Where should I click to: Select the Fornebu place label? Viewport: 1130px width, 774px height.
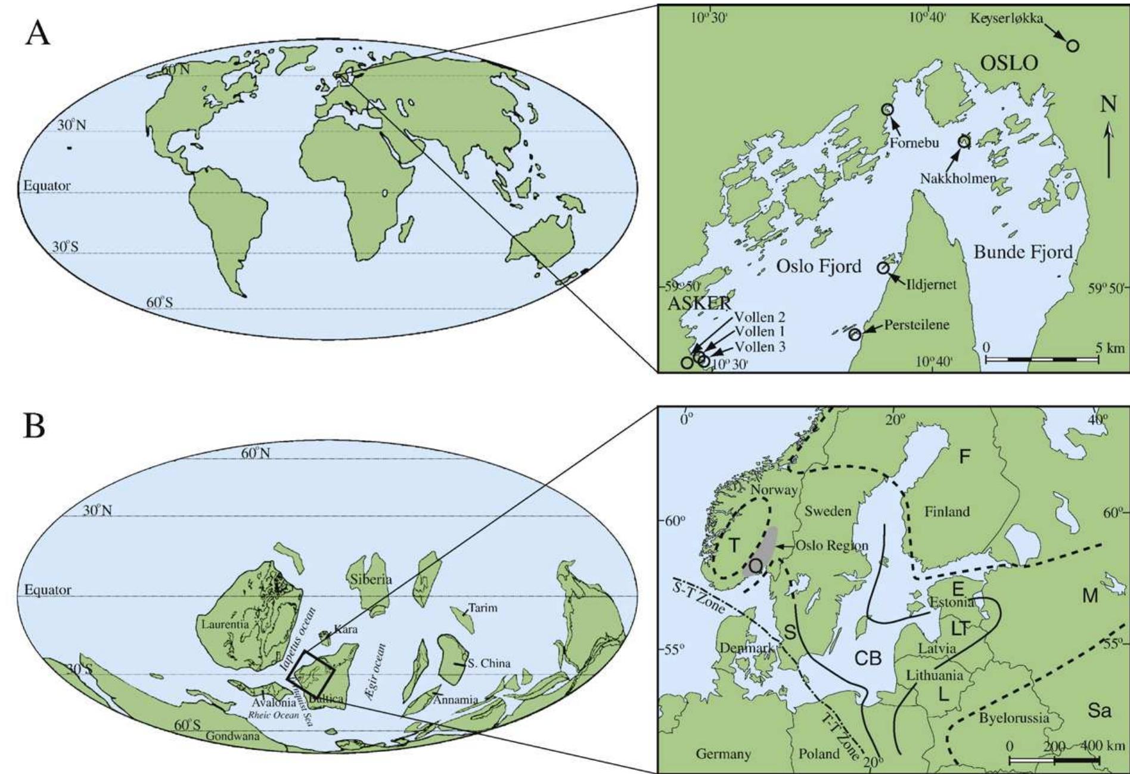point(915,143)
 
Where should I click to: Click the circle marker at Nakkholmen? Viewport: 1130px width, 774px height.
point(964,141)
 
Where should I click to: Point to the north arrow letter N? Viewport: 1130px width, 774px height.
point(1108,106)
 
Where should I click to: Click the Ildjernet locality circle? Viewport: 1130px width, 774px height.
point(883,268)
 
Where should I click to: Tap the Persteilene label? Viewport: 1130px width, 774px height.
point(917,325)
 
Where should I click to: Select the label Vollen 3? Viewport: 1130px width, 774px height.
point(760,347)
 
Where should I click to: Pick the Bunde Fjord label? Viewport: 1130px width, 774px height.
point(1023,252)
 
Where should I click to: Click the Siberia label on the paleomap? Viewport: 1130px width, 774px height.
point(371,580)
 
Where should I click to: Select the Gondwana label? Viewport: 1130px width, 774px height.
point(232,736)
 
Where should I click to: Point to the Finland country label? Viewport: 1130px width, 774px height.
point(947,512)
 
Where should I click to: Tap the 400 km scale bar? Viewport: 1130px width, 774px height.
point(1054,760)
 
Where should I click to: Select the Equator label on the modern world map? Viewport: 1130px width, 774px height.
point(46,186)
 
